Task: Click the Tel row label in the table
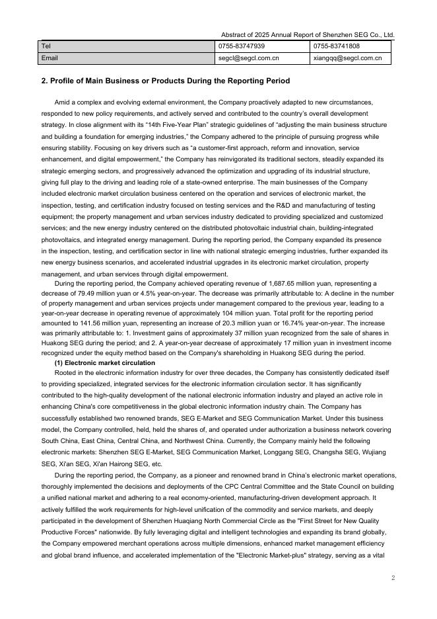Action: (46, 46)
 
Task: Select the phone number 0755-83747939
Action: (242, 46)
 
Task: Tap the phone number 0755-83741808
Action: (336, 46)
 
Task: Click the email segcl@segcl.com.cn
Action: (248, 58)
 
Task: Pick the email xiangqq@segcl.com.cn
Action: (347, 58)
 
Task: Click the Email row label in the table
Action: (50, 58)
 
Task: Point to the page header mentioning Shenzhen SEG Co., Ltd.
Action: (308, 34)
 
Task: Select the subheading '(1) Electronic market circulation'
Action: (104, 363)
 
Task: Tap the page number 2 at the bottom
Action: (392, 577)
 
